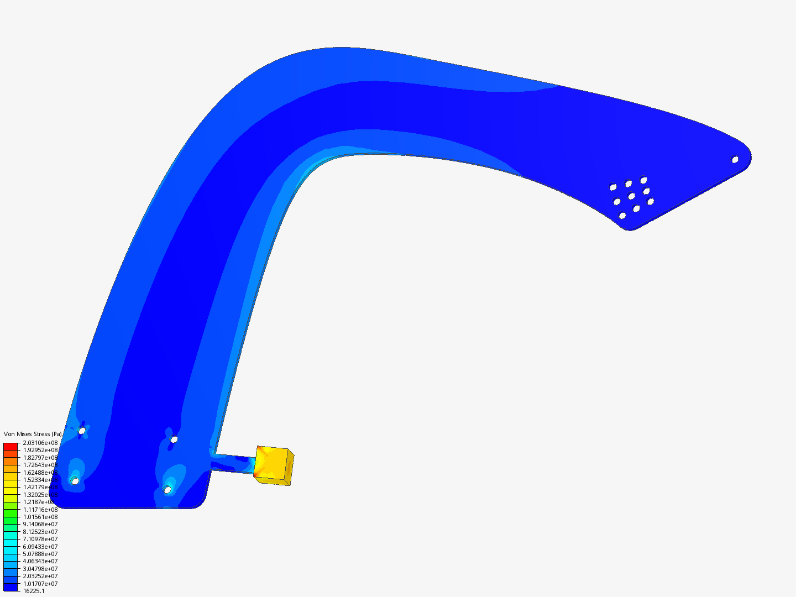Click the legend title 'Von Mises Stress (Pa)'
33,434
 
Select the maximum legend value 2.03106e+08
40,443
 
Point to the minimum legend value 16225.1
34,591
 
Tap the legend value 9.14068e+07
40,524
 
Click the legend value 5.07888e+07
40,554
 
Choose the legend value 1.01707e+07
40,584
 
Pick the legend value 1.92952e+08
40,450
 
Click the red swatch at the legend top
11,446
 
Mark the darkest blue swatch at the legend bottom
11,587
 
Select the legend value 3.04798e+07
40,569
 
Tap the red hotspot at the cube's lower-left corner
256,474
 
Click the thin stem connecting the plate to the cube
232,463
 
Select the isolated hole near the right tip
735,160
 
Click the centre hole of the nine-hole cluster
631,196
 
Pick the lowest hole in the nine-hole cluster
622,216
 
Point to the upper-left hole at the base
82,431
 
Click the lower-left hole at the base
75,481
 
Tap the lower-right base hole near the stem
167,490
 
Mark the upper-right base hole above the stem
174,439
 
